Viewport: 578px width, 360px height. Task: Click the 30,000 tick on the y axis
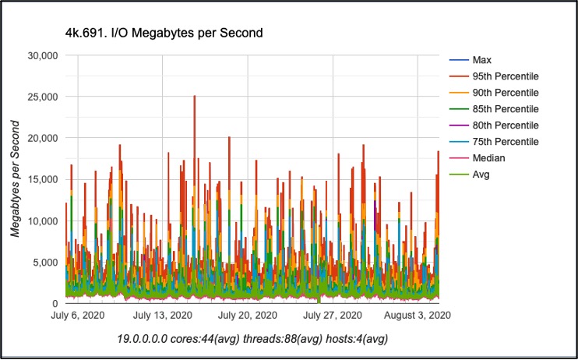click(x=43, y=55)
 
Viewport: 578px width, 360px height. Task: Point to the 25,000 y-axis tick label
click(x=43, y=97)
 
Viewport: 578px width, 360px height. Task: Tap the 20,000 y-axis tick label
click(x=43, y=138)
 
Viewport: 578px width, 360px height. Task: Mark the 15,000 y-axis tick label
click(x=43, y=179)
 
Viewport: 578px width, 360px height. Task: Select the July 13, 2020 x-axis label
click(x=162, y=316)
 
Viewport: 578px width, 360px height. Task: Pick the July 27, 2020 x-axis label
click(x=332, y=316)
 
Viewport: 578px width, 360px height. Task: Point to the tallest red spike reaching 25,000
click(x=194, y=97)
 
